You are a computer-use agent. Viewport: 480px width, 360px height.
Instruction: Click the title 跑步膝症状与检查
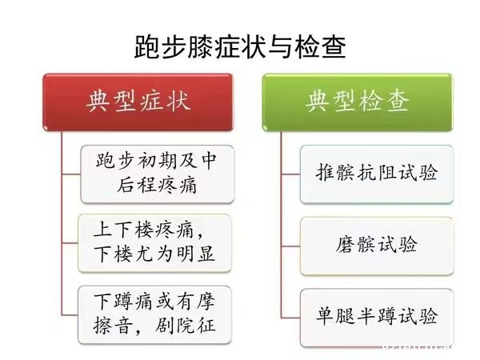[240, 47]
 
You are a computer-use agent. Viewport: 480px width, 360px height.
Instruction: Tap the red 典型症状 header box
[138, 102]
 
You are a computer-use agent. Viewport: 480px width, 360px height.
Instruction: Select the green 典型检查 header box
[358, 102]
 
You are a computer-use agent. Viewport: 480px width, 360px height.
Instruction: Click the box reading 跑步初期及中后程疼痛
[158, 174]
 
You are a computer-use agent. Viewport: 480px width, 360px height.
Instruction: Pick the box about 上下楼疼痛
[154, 243]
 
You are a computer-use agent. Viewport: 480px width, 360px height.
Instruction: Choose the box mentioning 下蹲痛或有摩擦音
[154, 314]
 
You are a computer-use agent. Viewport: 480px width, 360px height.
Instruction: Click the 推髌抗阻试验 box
[377, 174]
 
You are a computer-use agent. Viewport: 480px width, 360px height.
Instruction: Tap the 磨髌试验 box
[377, 246]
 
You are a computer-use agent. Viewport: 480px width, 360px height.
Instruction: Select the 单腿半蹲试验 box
[377, 318]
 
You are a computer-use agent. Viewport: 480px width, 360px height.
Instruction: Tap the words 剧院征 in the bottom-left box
[185, 326]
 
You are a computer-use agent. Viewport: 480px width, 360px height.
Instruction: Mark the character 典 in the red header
[98, 101]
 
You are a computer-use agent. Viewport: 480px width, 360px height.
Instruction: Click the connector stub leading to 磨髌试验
[291, 246]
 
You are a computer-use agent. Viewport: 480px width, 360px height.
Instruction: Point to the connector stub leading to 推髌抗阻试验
[291, 174]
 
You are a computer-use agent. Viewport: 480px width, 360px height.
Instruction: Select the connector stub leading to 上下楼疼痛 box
[70, 243]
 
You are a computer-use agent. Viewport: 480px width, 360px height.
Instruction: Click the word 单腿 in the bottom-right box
[335, 317]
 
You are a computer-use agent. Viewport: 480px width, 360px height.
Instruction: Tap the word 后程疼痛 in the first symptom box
[157, 186]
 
